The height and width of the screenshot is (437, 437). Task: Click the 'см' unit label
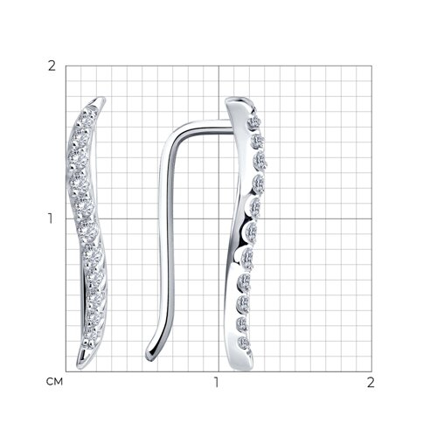coord(54,381)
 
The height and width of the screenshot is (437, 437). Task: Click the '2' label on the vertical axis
coord(52,66)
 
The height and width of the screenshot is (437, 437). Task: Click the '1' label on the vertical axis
coord(51,218)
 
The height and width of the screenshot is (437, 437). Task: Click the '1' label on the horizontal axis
coord(216,382)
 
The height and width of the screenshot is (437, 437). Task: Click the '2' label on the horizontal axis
coord(371,382)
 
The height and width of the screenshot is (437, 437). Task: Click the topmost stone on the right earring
coord(254,122)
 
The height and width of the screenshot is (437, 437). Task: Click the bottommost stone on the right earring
coord(244,343)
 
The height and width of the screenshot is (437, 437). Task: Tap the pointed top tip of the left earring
coord(102,98)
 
